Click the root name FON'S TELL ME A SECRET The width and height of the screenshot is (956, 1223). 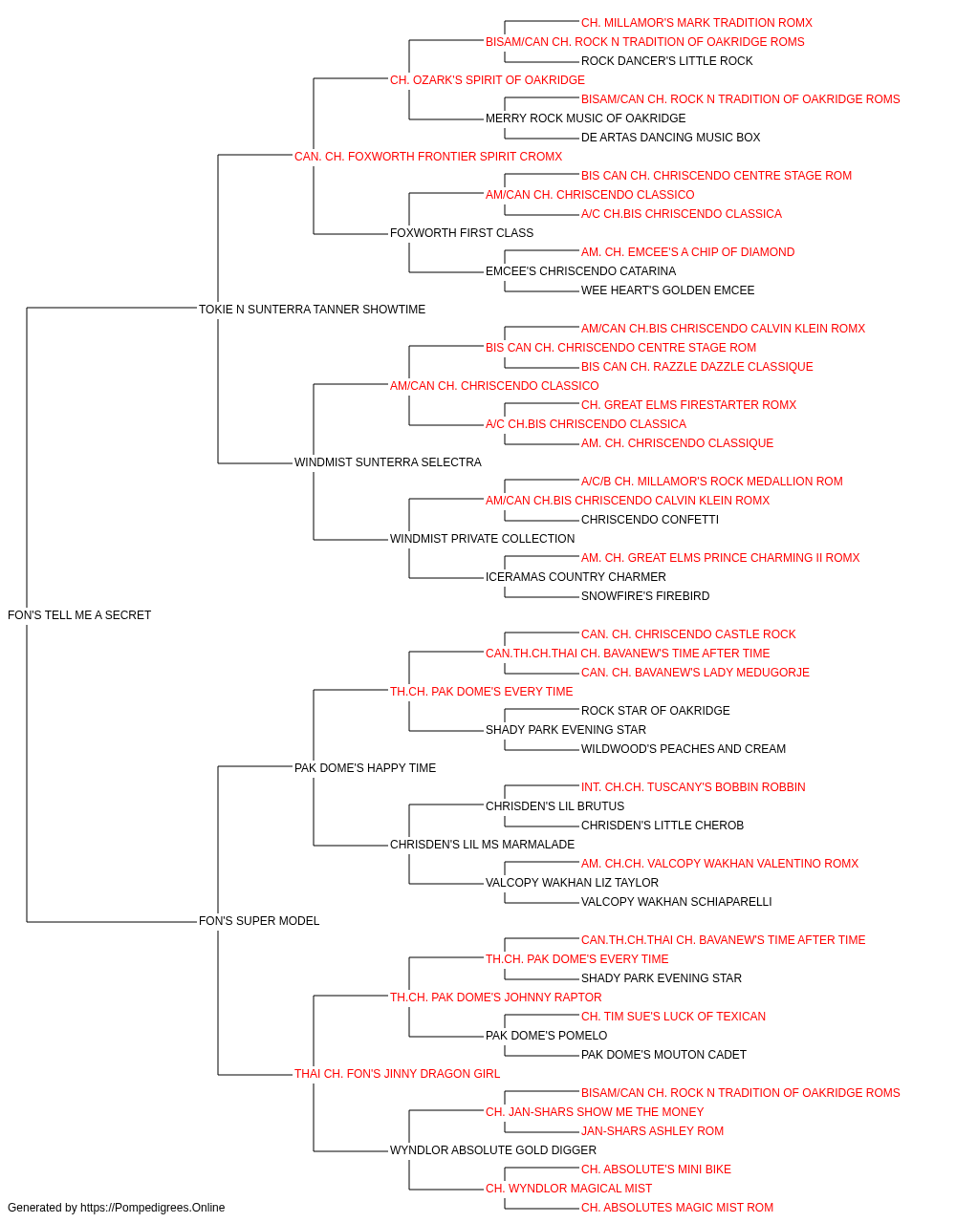(x=79, y=615)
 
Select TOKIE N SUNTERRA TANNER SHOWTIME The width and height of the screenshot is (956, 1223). (x=312, y=310)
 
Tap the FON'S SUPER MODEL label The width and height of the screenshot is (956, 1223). (x=259, y=921)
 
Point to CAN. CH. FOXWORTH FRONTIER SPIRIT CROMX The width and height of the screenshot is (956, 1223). (x=428, y=157)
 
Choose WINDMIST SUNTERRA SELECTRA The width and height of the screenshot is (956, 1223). (x=388, y=462)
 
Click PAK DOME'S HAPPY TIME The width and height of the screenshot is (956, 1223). (x=365, y=768)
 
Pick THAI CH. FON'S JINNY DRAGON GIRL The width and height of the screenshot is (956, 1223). (x=397, y=1074)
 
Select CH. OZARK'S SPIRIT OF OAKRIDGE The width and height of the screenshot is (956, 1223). (x=487, y=80)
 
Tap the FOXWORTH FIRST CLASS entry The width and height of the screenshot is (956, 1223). (x=462, y=233)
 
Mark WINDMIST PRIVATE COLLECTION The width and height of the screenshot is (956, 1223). (x=483, y=539)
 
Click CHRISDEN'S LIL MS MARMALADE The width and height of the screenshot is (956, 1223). (x=483, y=845)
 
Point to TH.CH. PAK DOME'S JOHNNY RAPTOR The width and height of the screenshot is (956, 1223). (x=496, y=998)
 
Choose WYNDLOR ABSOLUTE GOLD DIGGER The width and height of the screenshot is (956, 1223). (x=493, y=1150)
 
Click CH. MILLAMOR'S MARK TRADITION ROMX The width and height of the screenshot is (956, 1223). (x=697, y=23)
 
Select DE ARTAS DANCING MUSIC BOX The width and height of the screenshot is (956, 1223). (x=670, y=138)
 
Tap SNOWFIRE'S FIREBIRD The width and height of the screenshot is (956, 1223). (x=645, y=596)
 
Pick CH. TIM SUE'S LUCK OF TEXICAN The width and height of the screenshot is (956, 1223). (x=673, y=1017)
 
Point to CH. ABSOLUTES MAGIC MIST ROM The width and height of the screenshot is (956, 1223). (x=677, y=1208)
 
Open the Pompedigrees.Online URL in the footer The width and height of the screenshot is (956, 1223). (x=153, y=1208)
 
